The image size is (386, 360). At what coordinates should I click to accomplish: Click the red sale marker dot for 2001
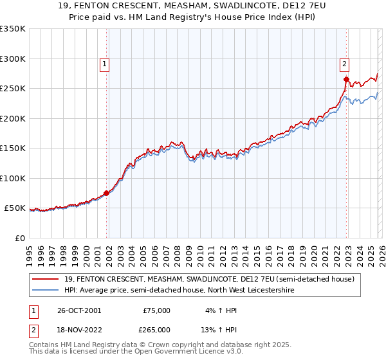[x=107, y=193]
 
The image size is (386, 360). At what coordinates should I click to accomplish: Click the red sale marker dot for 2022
[x=346, y=80]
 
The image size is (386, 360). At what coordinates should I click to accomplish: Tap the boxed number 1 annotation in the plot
[x=104, y=63]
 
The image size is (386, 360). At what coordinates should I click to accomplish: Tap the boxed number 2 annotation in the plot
[x=344, y=63]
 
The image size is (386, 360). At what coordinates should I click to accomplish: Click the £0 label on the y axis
[x=20, y=239]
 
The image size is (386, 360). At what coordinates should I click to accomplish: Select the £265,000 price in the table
[x=156, y=329]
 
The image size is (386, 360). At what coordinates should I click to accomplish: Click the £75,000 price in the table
[x=156, y=310]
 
